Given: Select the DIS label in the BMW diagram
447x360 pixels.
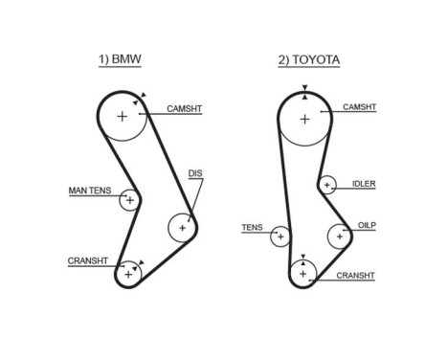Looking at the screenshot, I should pyautogui.click(x=196, y=173).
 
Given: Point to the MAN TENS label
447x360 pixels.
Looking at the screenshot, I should pyautogui.click(x=90, y=191).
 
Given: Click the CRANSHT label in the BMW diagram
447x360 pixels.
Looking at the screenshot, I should pyautogui.click(x=87, y=260).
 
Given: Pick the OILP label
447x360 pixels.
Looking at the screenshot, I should pyautogui.click(x=367, y=226).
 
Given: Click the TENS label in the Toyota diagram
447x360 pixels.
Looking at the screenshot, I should pyautogui.click(x=252, y=228).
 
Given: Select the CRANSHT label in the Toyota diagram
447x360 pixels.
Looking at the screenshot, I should pyautogui.click(x=355, y=275).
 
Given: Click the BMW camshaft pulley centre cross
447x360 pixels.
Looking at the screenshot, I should pyautogui.click(x=123, y=117).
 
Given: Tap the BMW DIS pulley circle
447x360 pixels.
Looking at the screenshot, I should pyautogui.click(x=181, y=227).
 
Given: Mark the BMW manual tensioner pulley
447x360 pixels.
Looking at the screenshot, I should pyautogui.click(x=129, y=200).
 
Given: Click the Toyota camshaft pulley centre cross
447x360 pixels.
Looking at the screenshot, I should pyautogui.click(x=304, y=119).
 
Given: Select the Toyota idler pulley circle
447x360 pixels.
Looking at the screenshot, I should pyautogui.click(x=328, y=185).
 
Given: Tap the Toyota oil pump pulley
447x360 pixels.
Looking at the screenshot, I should pyautogui.click(x=340, y=235).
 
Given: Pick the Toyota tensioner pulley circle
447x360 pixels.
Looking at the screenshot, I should pyautogui.click(x=280, y=236).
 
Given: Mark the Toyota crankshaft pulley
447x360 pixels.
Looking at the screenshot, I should pyautogui.click(x=303, y=274).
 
